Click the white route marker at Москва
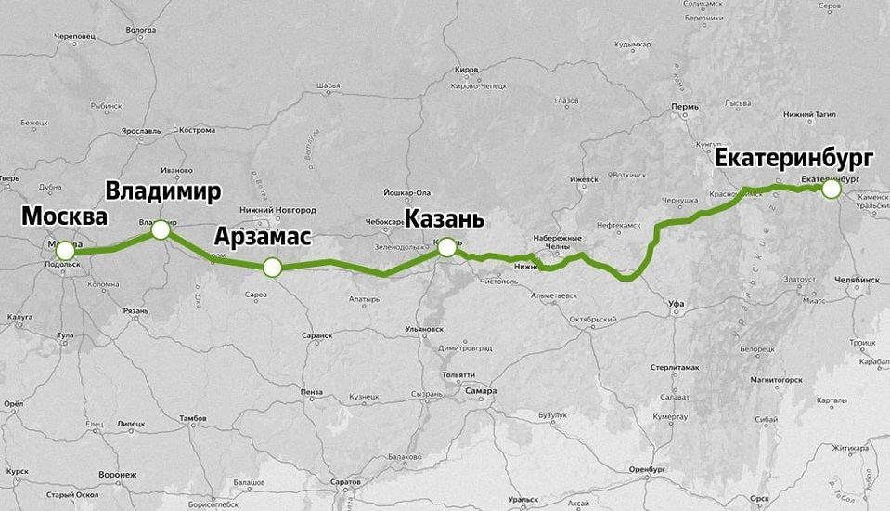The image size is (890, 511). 65,251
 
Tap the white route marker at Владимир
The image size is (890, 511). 161,229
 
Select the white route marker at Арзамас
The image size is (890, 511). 271,268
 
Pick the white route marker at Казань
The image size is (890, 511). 447,246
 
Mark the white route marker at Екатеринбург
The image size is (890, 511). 831,189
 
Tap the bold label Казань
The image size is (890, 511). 444,220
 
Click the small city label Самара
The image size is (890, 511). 482,391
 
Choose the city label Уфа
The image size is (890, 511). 676,304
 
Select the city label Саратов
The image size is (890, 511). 344,484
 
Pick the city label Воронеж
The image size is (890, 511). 118,475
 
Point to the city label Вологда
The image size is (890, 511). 140,30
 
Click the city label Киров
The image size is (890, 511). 467,70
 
